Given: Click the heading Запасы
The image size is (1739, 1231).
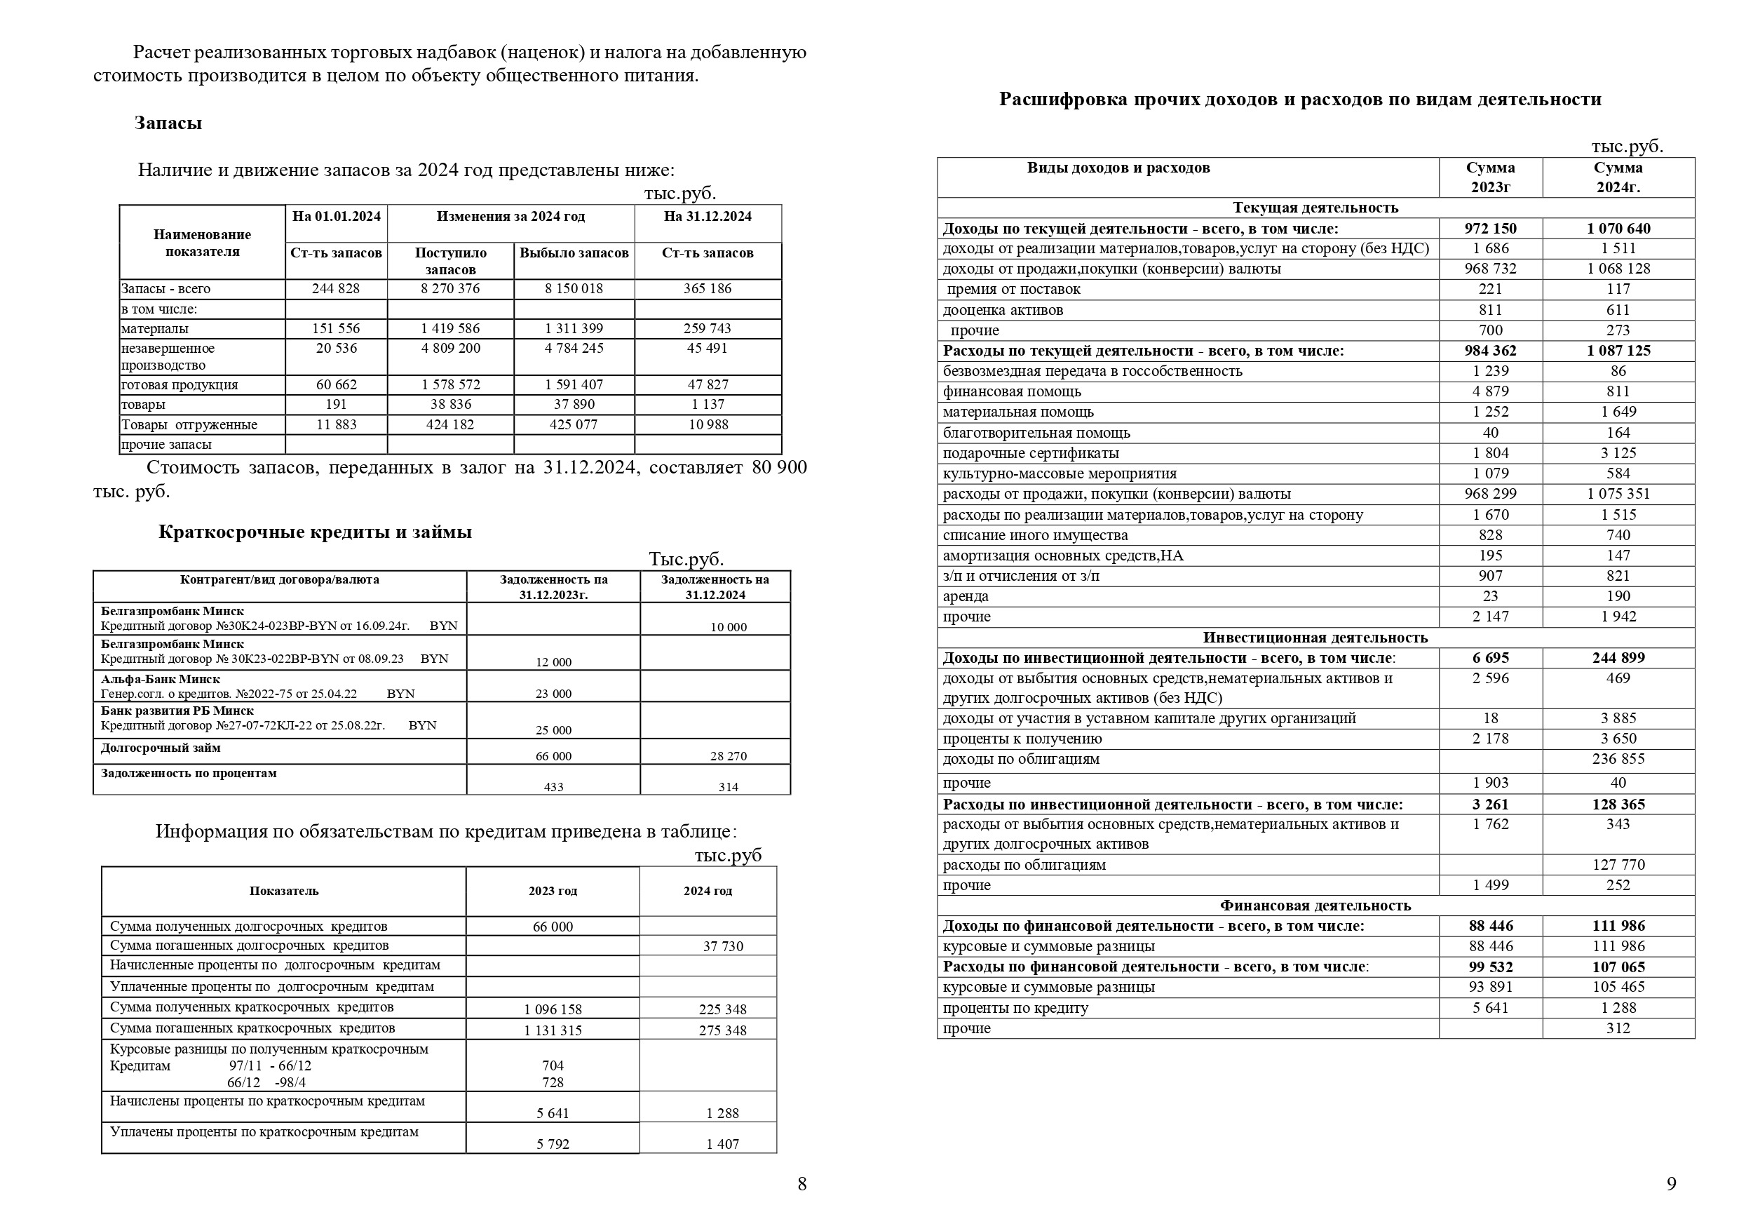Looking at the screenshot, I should pyautogui.click(x=168, y=123).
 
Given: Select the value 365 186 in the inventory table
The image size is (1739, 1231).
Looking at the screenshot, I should pyautogui.click(x=707, y=289).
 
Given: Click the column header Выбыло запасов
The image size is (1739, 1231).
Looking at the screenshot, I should pyautogui.click(x=574, y=253).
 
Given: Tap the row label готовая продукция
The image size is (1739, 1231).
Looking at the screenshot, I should pyautogui.click(x=180, y=385).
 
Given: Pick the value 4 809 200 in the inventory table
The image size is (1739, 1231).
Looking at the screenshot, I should pyautogui.click(x=450, y=349).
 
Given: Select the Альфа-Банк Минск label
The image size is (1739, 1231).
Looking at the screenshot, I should pyautogui.click(x=161, y=679).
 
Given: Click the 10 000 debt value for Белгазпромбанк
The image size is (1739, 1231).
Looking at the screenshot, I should pyautogui.click(x=728, y=628).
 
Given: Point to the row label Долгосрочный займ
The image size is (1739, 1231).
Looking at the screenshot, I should pyautogui.click(x=161, y=748).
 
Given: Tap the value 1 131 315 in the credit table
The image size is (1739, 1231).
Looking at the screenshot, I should pyautogui.click(x=553, y=1030).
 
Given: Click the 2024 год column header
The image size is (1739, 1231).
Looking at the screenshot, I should pyautogui.click(x=708, y=892).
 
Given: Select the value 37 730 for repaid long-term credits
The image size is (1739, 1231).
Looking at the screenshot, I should pyautogui.click(x=723, y=947).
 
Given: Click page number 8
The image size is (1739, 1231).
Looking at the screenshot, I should pyautogui.click(x=801, y=1184).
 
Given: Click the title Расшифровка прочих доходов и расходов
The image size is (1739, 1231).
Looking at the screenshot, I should pyautogui.click(x=1299, y=100).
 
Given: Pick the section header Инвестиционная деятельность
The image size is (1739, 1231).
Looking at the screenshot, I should pyautogui.click(x=1315, y=638).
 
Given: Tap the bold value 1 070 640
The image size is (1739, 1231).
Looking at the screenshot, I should pyautogui.click(x=1618, y=229).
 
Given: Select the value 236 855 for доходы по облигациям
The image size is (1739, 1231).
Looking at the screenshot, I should pyautogui.click(x=1618, y=760).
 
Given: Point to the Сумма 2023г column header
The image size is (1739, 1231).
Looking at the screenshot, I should pyautogui.click(x=1489, y=177).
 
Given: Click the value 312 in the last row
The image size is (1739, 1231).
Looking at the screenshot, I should pyautogui.click(x=1618, y=1028).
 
